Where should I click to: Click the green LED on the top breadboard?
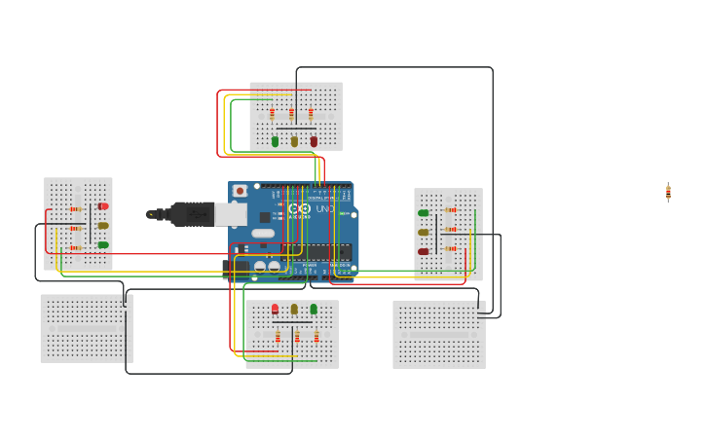(x=275, y=141)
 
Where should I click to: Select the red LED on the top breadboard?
(x=314, y=141)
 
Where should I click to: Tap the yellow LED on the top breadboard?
(x=294, y=141)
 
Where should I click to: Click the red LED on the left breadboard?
(x=103, y=206)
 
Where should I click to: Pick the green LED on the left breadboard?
(x=103, y=244)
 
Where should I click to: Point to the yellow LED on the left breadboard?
(x=103, y=226)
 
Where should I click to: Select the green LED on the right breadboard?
(x=424, y=213)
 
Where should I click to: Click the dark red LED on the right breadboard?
(x=424, y=251)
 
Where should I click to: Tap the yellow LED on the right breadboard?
(x=424, y=233)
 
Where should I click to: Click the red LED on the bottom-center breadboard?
(x=275, y=309)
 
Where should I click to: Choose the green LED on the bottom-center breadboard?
(x=314, y=309)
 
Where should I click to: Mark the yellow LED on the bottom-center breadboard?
(x=294, y=309)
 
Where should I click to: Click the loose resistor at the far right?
(x=668, y=192)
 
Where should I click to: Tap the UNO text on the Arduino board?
(x=324, y=209)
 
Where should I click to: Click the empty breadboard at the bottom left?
(x=86, y=328)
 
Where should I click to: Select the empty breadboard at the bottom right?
(x=438, y=334)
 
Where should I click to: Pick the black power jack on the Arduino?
(x=236, y=267)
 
